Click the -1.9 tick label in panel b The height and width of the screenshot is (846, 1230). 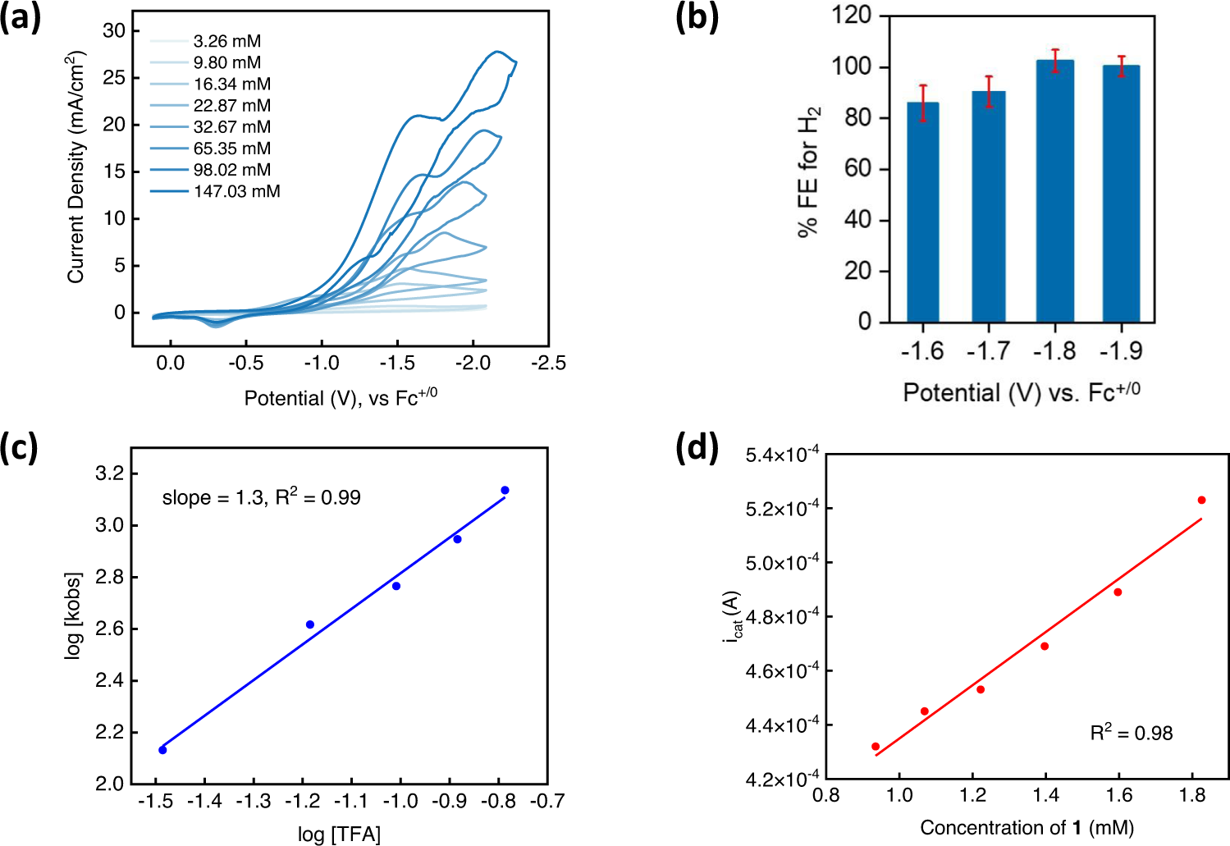coord(1120,351)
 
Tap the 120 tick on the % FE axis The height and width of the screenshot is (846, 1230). coord(851,16)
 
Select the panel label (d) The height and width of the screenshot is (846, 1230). coord(696,449)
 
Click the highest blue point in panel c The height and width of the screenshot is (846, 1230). coord(505,491)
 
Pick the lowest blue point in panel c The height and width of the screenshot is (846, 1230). coord(162,750)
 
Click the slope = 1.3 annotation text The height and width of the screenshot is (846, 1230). coord(261,497)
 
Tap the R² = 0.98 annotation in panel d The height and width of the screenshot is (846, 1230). coord(1131,733)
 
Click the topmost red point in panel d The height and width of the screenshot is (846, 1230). coord(1201,500)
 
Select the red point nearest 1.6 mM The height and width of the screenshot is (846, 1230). coord(1118,592)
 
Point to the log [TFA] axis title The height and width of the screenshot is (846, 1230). coord(339,835)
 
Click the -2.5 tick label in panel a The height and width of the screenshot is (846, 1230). coord(547,363)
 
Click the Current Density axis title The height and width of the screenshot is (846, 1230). coord(76,167)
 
